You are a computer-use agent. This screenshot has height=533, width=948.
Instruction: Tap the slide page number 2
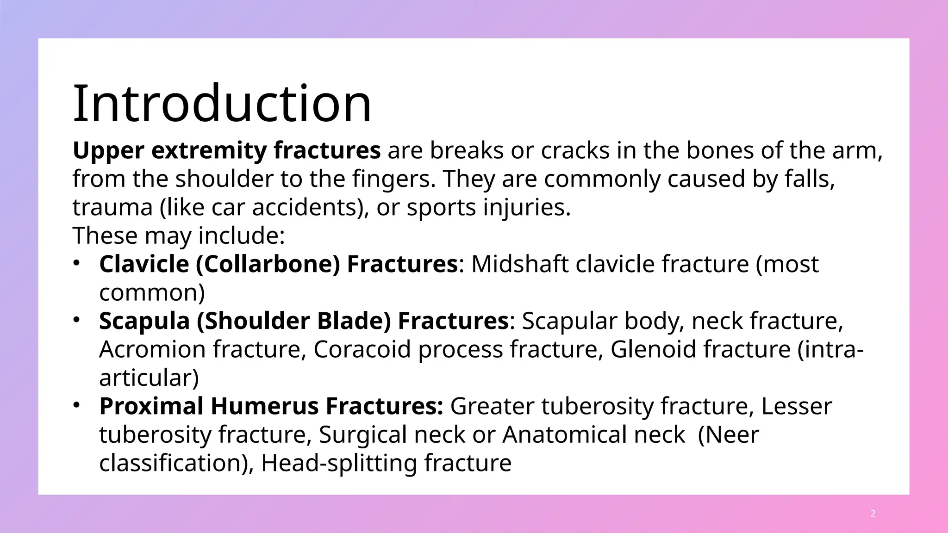point(873,514)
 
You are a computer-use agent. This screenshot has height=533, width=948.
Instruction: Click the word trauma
point(112,207)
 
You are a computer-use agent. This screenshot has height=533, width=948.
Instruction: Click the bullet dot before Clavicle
point(77,263)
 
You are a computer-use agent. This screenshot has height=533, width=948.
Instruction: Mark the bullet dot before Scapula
point(77,320)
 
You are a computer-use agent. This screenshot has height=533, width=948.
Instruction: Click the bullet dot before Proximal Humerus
point(77,405)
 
